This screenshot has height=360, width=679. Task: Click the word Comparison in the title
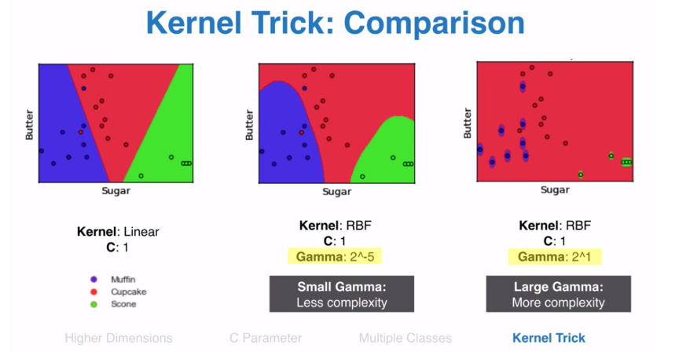pyautogui.click(x=434, y=23)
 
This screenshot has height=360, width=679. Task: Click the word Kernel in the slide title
pyautogui.click(x=194, y=23)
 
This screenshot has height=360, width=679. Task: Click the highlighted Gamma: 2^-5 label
pyautogui.click(x=335, y=256)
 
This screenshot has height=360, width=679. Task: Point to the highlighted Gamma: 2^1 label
pyautogui.click(x=554, y=256)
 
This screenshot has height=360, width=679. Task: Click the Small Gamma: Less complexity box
pyautogui.click(x=342, y=294)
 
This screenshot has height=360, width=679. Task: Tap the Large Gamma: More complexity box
pyautogui.click(x=558, y=294)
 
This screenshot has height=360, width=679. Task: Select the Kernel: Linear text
pyautogui.click(x=118, y=232)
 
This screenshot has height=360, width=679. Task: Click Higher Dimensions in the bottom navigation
pyautogui.click(x=119, y=338)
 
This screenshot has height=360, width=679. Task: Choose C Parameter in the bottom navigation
pyautogui.click(x=266, y=338)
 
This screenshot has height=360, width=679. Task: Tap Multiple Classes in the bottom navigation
pyautogui.click(x=406, y=338)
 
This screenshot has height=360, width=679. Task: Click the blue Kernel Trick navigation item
pyautogui.click(x=549, y=338)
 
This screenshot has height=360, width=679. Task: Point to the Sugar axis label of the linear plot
pyautogui.click(x=116, y=191)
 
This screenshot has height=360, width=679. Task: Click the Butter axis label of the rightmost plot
pyautogui.click(x=468, y=123)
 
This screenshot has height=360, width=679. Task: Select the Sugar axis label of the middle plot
pyautogui.click(x=336, y=192)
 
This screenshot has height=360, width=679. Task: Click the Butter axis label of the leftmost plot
pyautogui.click(x=29, y=125)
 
